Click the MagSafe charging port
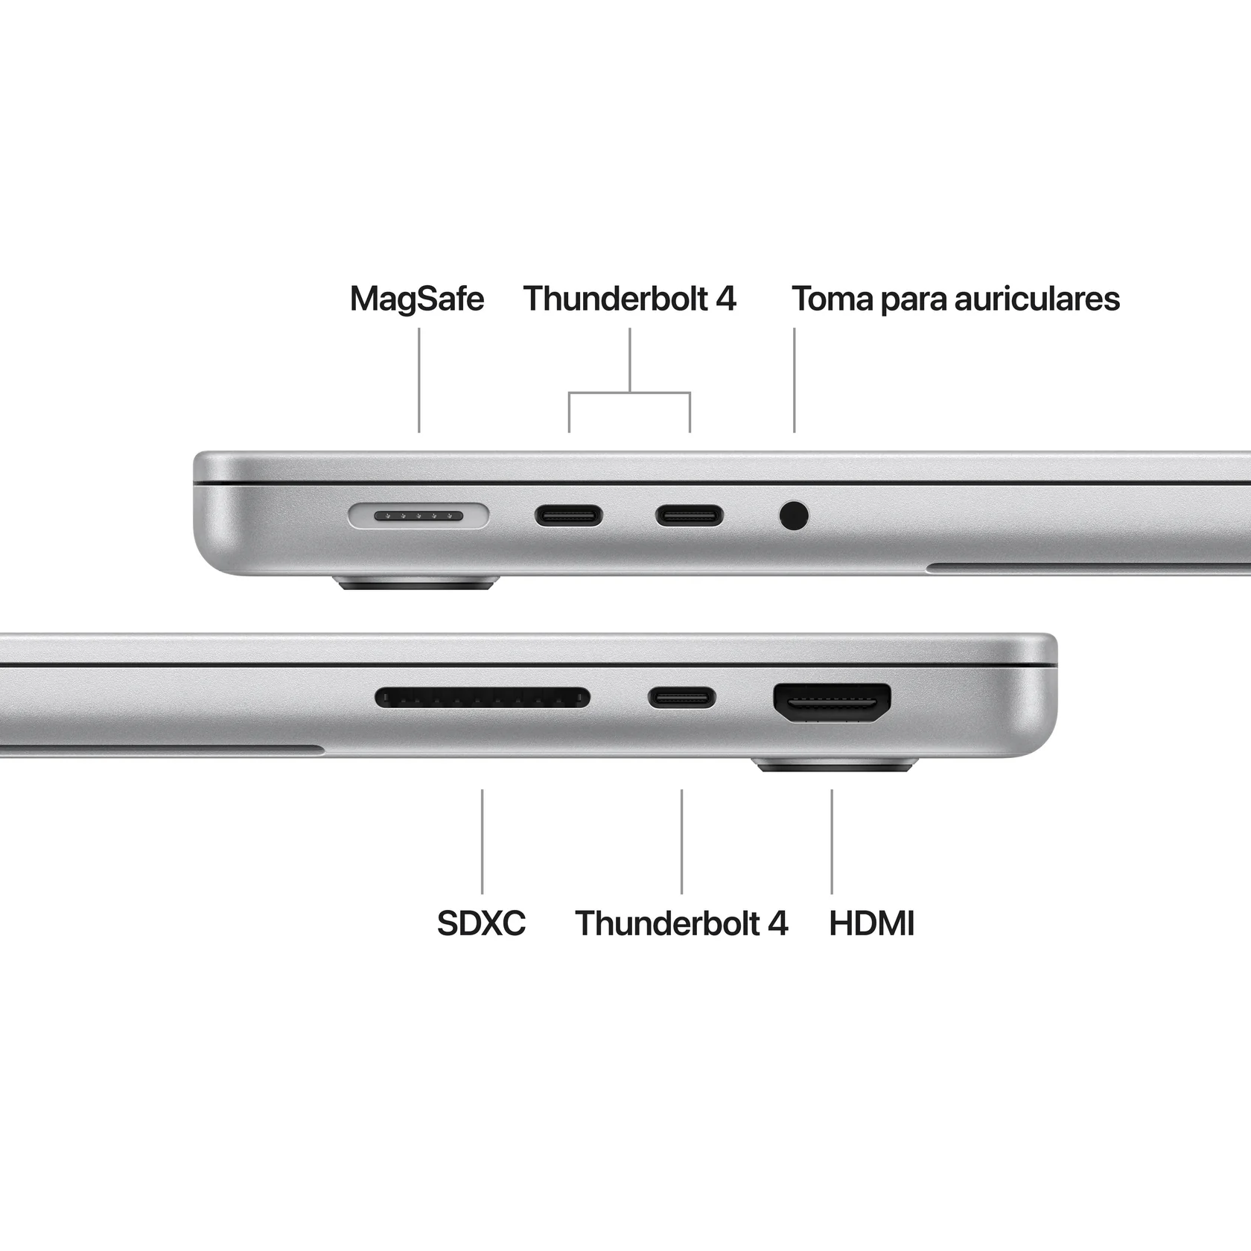point(418,515)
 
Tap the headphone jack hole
point(794,515)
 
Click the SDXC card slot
point(482,698)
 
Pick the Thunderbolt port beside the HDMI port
point(681,698)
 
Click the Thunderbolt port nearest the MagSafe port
point(568,515)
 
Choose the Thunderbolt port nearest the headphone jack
point(689,515)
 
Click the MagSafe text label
point(417,299)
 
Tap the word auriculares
point(1037,299)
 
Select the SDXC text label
point(481,923)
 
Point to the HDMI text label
point(871,923)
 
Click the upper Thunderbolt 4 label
point(629,299)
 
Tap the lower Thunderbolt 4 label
point(681,923)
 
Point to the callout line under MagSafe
point(419,380)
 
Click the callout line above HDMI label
point(832,841)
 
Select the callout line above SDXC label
point(482,841)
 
